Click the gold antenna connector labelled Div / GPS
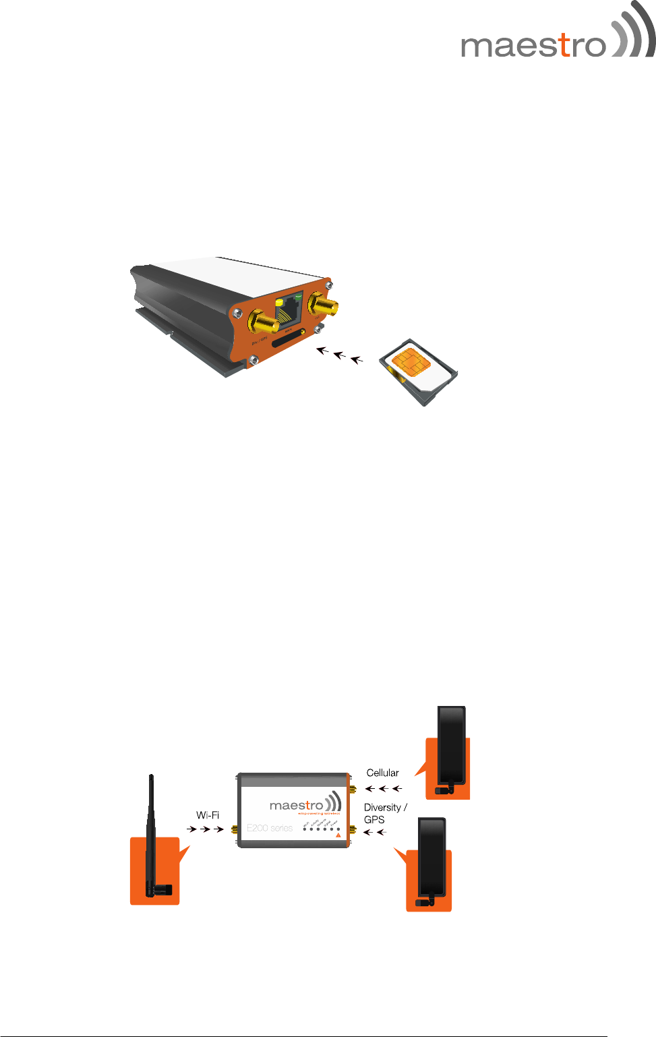click(x=262, y=322)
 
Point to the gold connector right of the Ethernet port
click(x=323, y=305)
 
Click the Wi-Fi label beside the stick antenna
click(x=208, y=815)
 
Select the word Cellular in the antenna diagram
click(x=382, y=773)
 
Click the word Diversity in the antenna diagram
click(x=382, y=807)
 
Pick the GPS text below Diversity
click(x=374, y=820)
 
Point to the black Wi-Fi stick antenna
click(x=152, y=836)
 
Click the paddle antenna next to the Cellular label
click(x=451, y=748)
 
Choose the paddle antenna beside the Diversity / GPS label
click(x=431, y=860)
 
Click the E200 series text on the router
click(x=270, y=828)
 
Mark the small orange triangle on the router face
click(x=338, y=835)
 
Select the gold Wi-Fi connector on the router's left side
click(x=235, y=829)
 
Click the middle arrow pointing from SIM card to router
click(x=340, y=354)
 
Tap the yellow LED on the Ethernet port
click(x=279, y=303)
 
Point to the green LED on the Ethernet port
click(x=298, y=295)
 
